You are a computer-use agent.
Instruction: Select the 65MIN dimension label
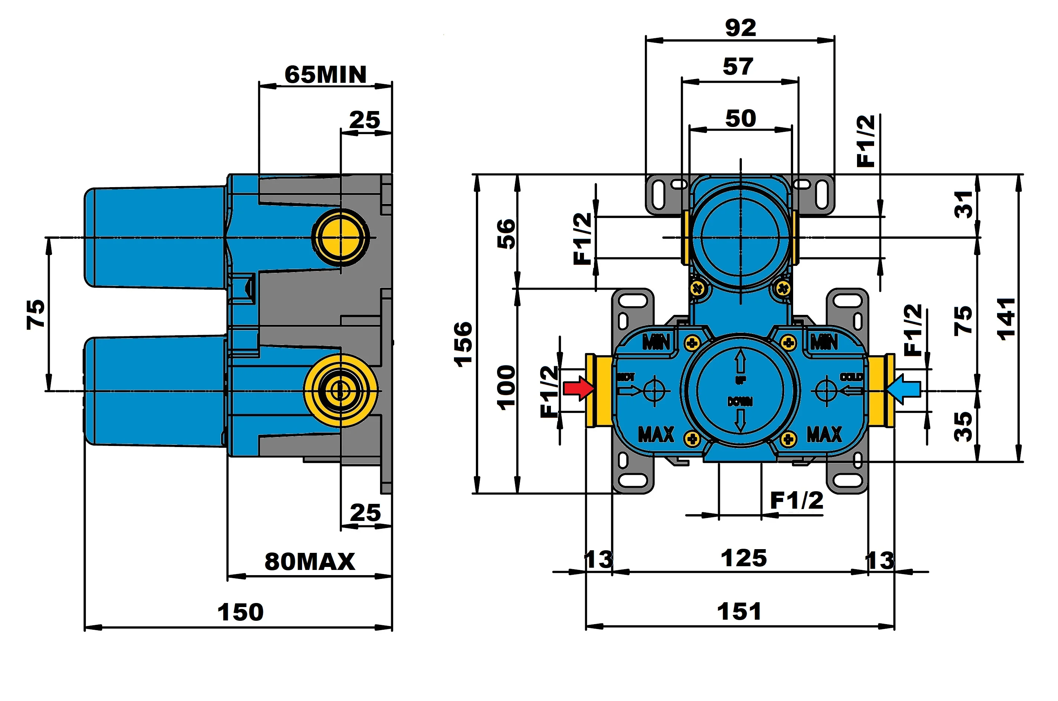click(325, 74)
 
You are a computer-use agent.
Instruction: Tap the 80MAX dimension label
click(309, 561)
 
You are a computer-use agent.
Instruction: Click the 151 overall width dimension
click(739, 611)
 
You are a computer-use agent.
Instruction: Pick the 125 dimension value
click(744, 558)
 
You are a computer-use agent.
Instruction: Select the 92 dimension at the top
click(740, 28)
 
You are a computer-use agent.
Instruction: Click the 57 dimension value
click(738, 66)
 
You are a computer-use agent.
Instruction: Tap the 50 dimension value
click(740, 118)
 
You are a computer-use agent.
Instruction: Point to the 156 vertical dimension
click(464, 344)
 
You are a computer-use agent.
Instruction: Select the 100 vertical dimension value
click(506, 387)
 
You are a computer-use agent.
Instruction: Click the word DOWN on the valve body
click(740, 401)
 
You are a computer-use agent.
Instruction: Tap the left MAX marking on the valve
click(656, 434)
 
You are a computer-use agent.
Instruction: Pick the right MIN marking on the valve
click(824, 342)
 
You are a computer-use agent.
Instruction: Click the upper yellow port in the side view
click(341, 237)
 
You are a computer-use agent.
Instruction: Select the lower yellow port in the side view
click(341, 390)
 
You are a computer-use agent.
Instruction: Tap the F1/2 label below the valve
click(796, 500)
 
